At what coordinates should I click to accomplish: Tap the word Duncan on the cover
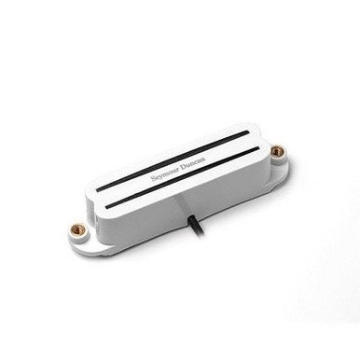[194, 162]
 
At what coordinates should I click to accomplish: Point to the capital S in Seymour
[153, 179]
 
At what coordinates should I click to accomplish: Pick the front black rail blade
[184, 175]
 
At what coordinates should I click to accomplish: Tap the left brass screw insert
[76, 230]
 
